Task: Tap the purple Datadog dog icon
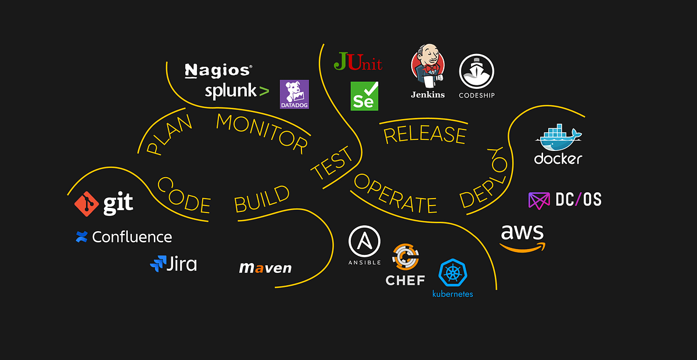coord(294,92)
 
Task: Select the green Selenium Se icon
coord(365,96)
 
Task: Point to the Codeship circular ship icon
coord(476,71)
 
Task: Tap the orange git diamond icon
coord(87,203)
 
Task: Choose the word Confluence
coord(132,237)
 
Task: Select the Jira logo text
coord(181,264)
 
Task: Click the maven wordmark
coord(265,268)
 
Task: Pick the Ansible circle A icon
coord(364,242)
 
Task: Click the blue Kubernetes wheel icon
coord(452,273)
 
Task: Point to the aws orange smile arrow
coord(523,247)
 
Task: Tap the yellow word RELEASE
coord(425,135)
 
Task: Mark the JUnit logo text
coord(358,62)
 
